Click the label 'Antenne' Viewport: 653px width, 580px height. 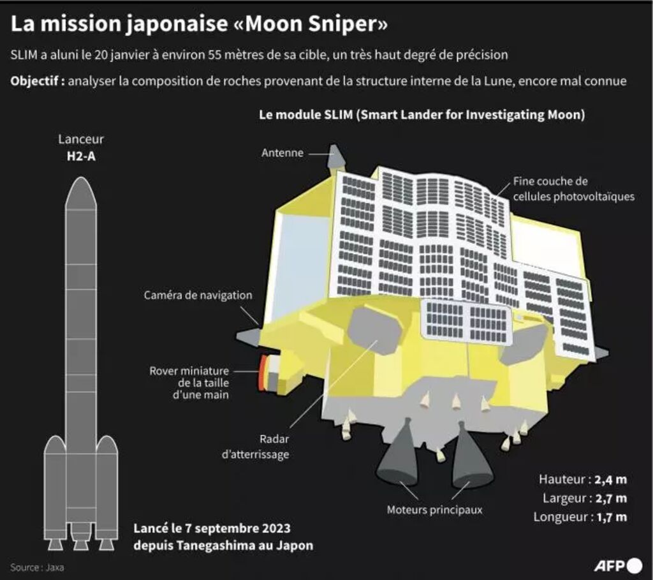[282, 153]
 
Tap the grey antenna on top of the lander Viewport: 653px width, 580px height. [336, 157]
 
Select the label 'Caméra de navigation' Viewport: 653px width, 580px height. [198, 295]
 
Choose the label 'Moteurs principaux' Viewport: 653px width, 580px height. [434, 510]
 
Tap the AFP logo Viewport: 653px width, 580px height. [618, 565]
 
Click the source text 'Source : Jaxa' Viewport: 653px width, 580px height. [37, 567]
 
